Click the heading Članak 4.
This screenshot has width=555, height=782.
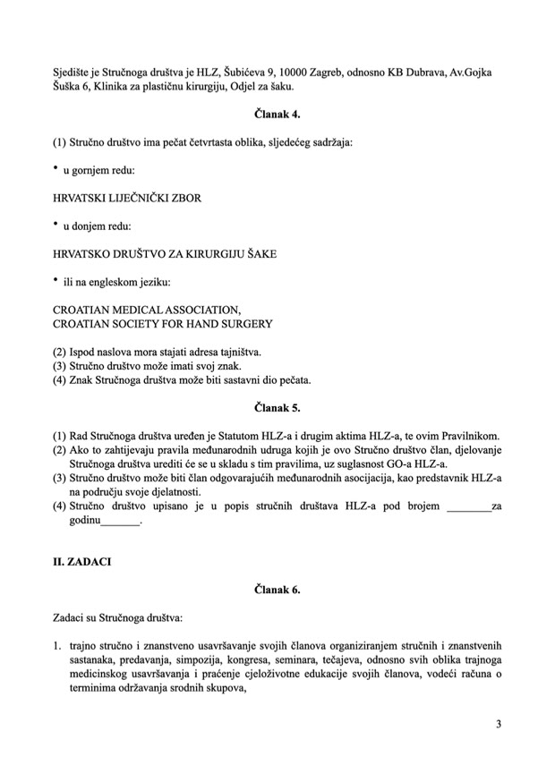277,114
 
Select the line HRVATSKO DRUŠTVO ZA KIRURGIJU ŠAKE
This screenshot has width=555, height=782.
165,254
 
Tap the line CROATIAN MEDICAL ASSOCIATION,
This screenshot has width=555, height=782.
147,310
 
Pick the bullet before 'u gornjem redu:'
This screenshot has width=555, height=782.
55,167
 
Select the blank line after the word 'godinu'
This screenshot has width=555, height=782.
123,522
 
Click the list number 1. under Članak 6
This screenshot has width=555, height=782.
57,646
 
